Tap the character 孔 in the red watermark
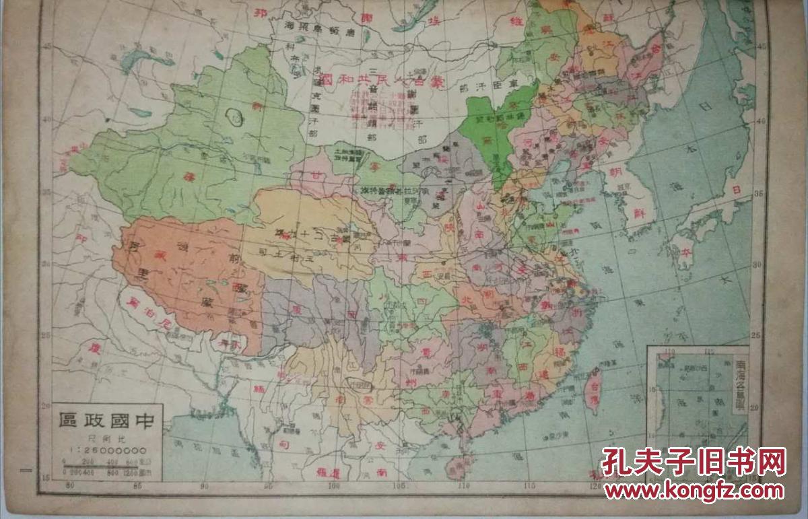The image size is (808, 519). tap(617, 462)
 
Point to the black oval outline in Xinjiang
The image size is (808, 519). tap(235, 116)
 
